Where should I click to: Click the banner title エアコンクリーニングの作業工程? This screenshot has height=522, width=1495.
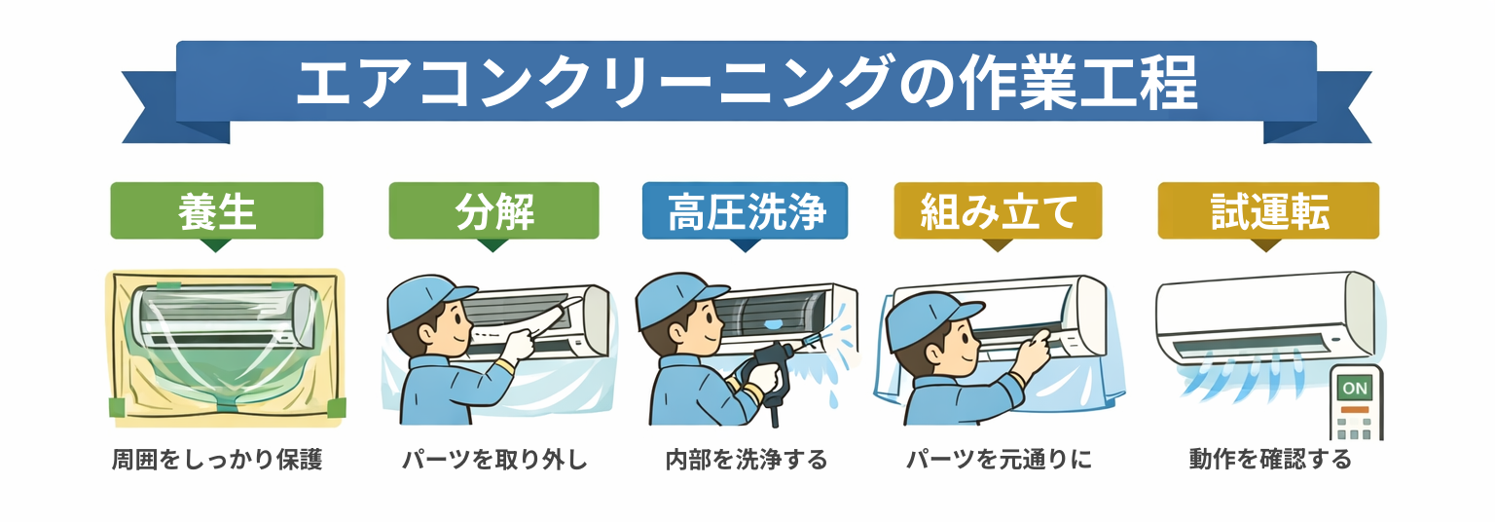[x=747, y=82]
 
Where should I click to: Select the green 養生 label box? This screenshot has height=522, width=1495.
[x=217, y=211]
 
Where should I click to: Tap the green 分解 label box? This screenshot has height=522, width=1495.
[x=493, y=211]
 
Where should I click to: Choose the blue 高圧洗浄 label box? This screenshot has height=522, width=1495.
[x=745, y=211]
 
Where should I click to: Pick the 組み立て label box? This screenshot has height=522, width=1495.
[x=998, y=211]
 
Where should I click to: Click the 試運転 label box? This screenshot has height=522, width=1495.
[x=1268, y=211]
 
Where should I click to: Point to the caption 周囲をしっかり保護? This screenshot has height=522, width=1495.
[x=217, y=460]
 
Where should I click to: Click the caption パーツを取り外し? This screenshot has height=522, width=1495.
[x=494, y=460]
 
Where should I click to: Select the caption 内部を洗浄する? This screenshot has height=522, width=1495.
[x=747, y=460]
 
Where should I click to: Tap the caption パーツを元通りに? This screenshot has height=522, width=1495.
[x=999, y=460]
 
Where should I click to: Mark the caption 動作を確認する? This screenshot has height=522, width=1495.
[x=1270, y=460]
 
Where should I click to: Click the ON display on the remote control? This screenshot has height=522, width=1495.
[x=1354, y=388]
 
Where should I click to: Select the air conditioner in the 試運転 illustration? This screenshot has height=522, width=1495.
[x=1264, y=317]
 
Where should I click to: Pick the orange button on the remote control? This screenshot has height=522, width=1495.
[x=1354, y=409]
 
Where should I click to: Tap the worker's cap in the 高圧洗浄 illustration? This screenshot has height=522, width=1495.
[x=677, y=299]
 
